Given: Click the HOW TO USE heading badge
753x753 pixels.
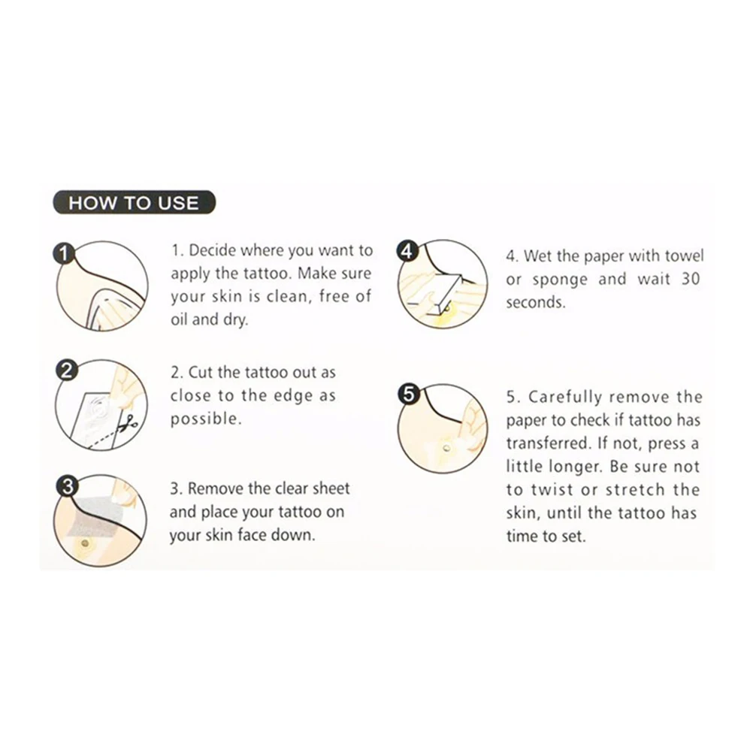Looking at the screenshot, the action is click(134, 202).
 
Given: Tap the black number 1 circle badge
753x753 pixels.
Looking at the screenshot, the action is click(64, 253).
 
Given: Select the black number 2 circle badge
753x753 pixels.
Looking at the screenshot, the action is click(66, 370).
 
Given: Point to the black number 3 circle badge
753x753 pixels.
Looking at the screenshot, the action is click(67, 486).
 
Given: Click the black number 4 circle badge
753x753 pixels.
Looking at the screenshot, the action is click(407, 251).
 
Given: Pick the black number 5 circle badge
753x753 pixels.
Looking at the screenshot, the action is click(408, 395).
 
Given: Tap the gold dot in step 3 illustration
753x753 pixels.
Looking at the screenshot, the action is click(85, 543).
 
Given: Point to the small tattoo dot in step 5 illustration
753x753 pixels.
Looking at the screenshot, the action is click(446, 449).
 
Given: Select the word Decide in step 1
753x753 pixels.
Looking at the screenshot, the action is click(212, 250).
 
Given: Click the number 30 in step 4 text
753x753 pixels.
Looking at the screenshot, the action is click(690, 279).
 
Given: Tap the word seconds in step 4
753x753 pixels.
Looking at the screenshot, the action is click(536, 303).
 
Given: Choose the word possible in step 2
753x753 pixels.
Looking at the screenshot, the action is click(206, 419).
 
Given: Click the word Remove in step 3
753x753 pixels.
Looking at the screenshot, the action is click(211, 488).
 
